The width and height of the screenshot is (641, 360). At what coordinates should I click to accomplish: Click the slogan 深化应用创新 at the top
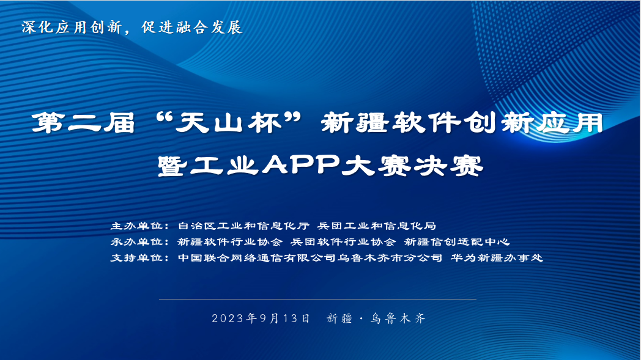[x=72, y=28]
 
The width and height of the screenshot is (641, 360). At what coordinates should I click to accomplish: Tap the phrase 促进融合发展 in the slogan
[x=192, y=28]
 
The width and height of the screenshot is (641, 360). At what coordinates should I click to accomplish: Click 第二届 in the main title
[x=83, y=123]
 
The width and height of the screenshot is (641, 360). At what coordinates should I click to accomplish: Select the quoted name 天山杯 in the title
[x=229, y=123]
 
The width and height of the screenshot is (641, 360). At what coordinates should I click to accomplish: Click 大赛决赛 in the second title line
[x=413, y=165]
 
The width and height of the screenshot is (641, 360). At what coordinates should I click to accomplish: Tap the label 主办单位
[x=136, y=226]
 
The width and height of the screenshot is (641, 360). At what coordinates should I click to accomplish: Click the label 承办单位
[x=136, y=241]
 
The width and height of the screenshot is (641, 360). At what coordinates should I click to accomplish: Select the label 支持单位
[x=136, y=257]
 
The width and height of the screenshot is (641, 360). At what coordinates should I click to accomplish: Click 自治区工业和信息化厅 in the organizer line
[x=243, y=226]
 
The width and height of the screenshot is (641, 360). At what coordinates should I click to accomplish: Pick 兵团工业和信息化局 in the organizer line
[x=377, y=226]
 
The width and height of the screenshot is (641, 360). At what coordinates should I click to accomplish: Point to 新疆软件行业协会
[x=230, y=241]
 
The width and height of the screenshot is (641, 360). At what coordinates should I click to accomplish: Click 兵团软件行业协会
[x=343, y=241]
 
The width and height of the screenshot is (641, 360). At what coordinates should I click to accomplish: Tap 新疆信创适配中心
[x=457, y=241]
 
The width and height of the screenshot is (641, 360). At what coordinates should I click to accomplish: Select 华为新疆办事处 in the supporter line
[x=497, y=257]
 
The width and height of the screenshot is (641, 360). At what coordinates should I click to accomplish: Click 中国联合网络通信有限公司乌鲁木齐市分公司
[x=310, y=257]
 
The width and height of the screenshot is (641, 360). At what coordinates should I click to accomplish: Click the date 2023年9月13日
[x=261, y=318]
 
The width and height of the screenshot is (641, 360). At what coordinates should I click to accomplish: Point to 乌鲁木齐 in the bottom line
[x=398, y=318]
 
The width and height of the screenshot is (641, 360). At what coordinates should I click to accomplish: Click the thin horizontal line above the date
[x=317, y=299]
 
